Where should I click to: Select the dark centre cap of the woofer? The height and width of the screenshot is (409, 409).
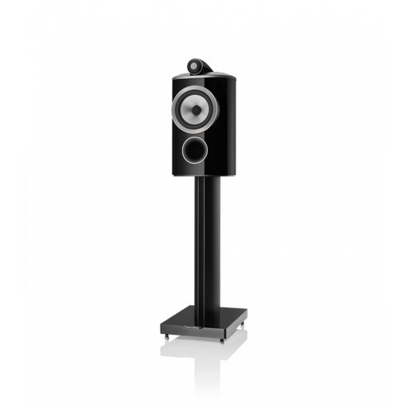192,106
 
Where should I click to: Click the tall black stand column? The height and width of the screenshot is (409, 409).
202,240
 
